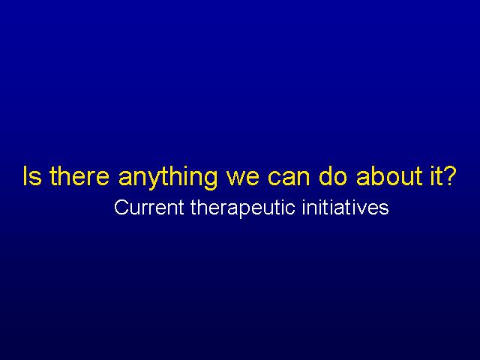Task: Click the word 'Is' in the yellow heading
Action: (32, 176)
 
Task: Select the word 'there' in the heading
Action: (79, 176)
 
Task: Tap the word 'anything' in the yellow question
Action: (168, 178)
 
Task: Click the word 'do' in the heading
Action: (333, 176)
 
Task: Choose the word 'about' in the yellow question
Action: (390, 176)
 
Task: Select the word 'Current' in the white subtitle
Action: (148, 207)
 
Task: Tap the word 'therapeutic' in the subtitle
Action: (243, 209)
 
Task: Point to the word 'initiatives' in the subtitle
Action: (345, 207)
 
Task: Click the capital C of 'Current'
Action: (121, 207)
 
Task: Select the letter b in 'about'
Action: (375, 176)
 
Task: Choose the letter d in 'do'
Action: (325, 176)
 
